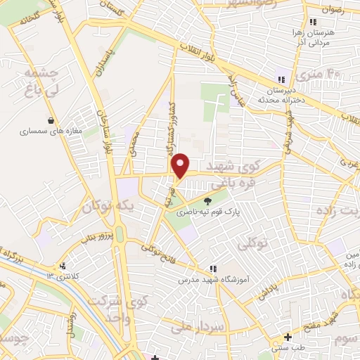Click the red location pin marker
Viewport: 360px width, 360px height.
point(181,166)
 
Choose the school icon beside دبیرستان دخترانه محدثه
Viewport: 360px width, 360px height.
point(281,79)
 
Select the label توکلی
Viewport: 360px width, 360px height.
point(255,243)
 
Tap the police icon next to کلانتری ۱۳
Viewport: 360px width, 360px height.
point(64,266)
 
